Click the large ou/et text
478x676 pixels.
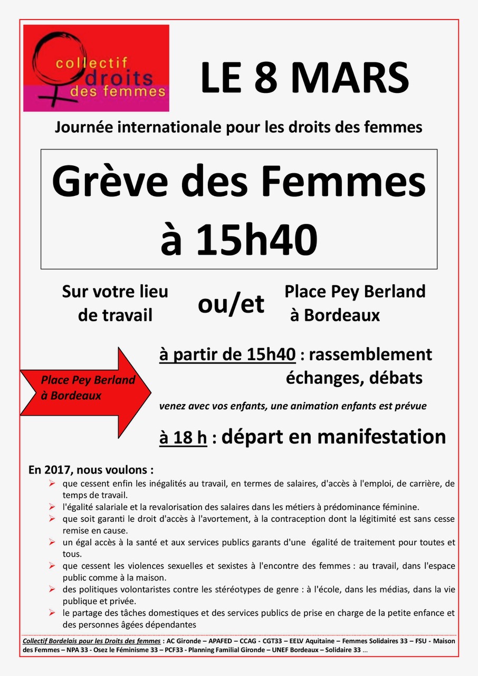[231, 304]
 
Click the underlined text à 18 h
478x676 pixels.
[183, 438]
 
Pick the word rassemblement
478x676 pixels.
[370, 354]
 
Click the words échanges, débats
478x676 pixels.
[354, 378]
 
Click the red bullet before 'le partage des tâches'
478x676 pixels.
[52, 613]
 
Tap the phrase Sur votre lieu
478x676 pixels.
[115, 292]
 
